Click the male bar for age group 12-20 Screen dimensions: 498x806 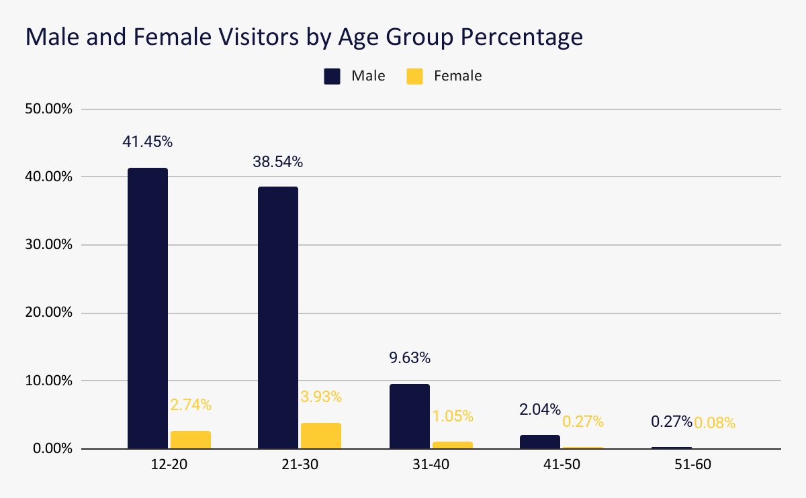(148, 308)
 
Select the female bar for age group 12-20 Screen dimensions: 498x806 (191, 440)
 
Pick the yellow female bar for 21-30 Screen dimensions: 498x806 (321, 436)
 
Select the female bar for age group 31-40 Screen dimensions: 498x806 (453, 445)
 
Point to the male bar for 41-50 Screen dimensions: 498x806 (540, 442)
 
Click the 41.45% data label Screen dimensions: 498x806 (148, 142)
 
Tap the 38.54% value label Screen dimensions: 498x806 (278, 162)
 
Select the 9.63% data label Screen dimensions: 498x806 (410, 358)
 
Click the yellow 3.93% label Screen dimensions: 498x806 (321, 397)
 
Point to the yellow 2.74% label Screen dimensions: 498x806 (191, 405)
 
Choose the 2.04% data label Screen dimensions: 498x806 (539, 410)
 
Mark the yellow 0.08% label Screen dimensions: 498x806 (715, 423)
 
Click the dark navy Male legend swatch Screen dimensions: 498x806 (332, 76)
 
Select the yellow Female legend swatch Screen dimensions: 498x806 (414, 76)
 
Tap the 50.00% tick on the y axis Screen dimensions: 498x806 (48, 109)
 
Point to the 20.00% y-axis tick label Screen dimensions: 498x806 (48, 313)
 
